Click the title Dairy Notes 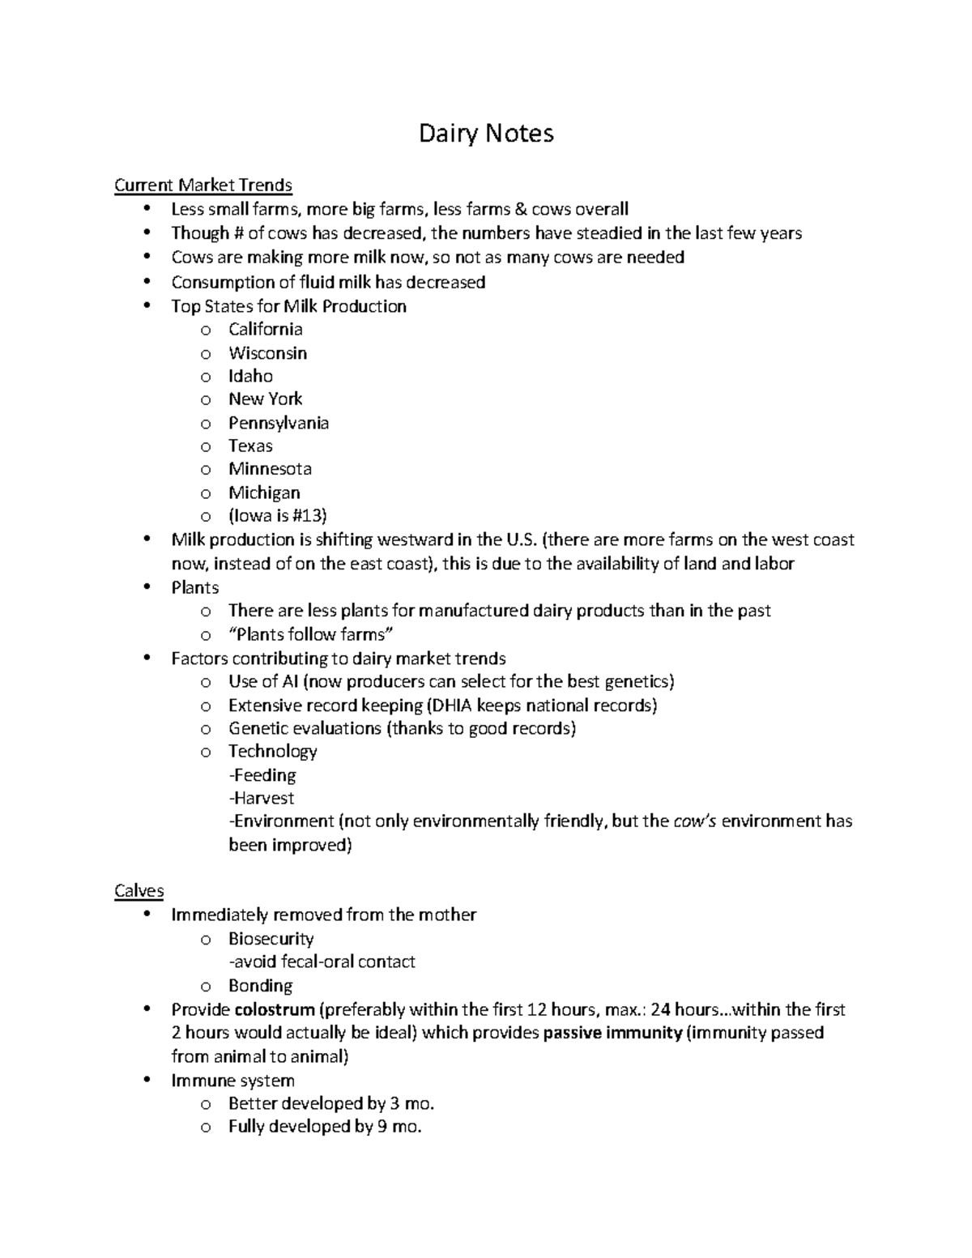486,133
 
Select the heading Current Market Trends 202,186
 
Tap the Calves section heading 139,891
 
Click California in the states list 265,329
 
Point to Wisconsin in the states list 267,353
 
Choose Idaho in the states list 250,376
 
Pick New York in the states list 265,399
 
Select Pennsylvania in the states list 278,423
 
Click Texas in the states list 250,446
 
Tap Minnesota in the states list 270,469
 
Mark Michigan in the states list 264,493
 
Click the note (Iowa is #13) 277,516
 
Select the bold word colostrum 274,1009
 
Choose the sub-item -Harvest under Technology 261,798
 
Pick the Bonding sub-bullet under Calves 260,986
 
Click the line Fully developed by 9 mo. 325,1127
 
